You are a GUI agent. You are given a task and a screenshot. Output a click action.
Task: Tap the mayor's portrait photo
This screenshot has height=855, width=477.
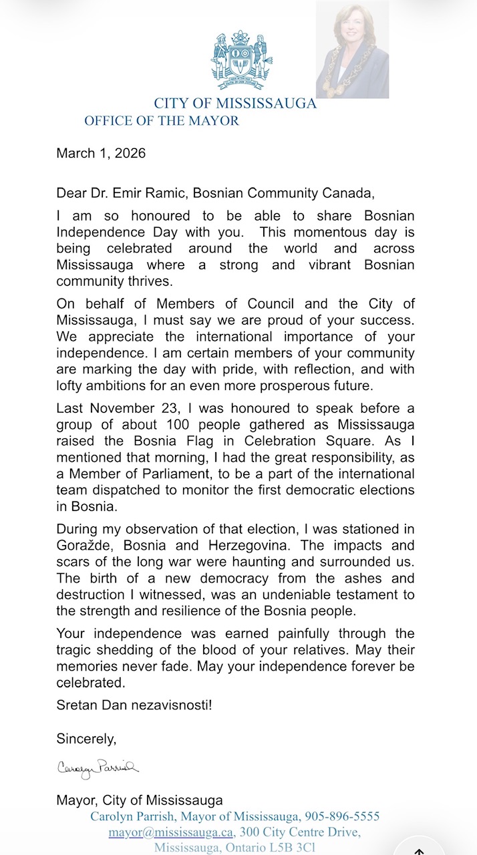point(352,50)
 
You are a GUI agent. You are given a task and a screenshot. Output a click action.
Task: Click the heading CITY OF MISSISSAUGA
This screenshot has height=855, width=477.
point(235,104)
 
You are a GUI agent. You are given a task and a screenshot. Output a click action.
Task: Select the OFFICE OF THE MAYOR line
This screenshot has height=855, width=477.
point(161,121)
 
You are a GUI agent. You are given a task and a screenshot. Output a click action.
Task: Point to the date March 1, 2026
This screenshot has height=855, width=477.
point(101,153)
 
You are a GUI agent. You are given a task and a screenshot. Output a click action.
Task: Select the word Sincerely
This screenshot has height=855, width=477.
point(86,739)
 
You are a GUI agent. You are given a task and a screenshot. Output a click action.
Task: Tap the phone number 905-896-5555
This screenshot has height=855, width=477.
point(342,816)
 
